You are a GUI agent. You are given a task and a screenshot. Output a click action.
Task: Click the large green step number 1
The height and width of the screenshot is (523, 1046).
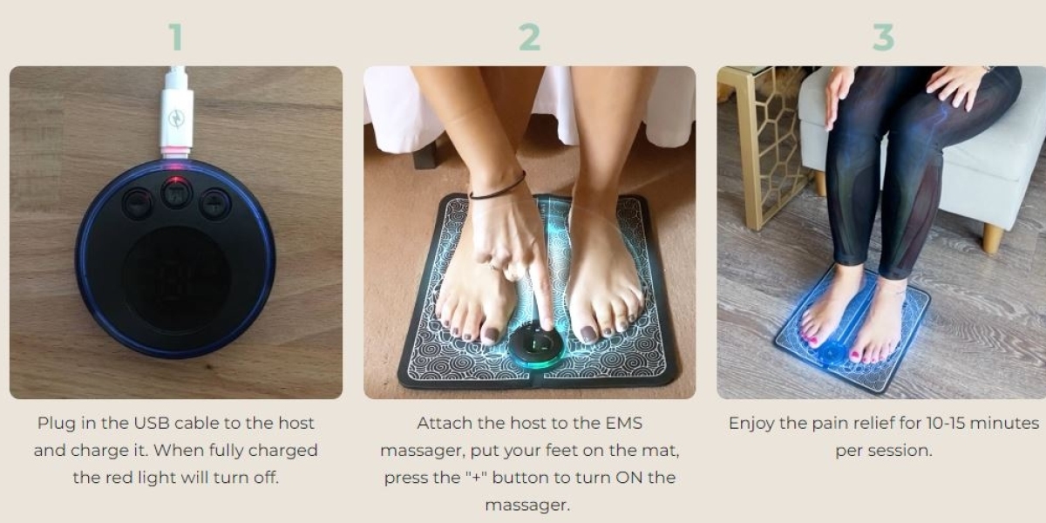(x=176, y=37)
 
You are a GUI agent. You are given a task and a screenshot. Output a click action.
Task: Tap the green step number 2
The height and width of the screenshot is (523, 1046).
(x=530, y=37)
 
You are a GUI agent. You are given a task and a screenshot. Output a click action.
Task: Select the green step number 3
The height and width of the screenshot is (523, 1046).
(x=884, y=37)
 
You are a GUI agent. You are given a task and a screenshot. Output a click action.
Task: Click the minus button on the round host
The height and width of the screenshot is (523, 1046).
(x=137, y=204)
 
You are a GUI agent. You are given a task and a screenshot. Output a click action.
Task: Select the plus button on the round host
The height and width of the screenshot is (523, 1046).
(x=214, y=204)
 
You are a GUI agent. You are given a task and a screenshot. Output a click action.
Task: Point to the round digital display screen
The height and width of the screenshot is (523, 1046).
(x=176, y=279)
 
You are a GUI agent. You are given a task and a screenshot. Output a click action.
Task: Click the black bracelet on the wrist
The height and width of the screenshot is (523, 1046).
(x=498, y=189)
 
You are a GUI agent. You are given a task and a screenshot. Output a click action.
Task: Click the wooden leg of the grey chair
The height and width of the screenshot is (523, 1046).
(x=992, y=238)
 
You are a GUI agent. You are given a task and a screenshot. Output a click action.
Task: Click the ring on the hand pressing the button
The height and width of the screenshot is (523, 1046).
(x=493, y=268)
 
